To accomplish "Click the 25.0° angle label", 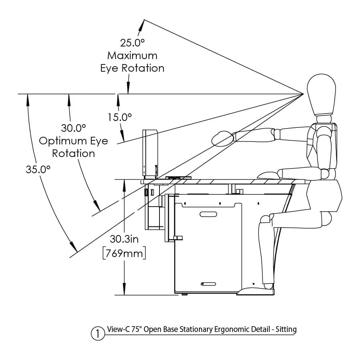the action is point(132,43).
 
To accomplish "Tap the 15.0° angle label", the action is point(120,117).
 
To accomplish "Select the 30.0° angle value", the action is point(73,128).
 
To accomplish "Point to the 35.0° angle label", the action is point(38,170).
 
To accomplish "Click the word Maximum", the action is point(132,55).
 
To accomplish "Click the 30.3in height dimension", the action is point(124,239).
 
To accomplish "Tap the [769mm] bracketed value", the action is point(124,253).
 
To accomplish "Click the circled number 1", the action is point(98,333).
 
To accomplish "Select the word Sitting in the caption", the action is point(286,329).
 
